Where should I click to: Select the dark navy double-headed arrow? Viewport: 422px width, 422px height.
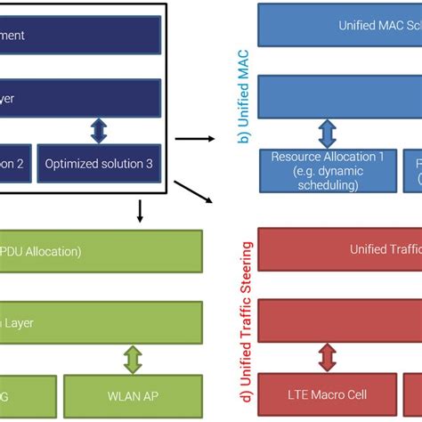[99, 131]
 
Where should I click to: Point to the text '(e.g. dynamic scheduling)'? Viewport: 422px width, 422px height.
[327, 179]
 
